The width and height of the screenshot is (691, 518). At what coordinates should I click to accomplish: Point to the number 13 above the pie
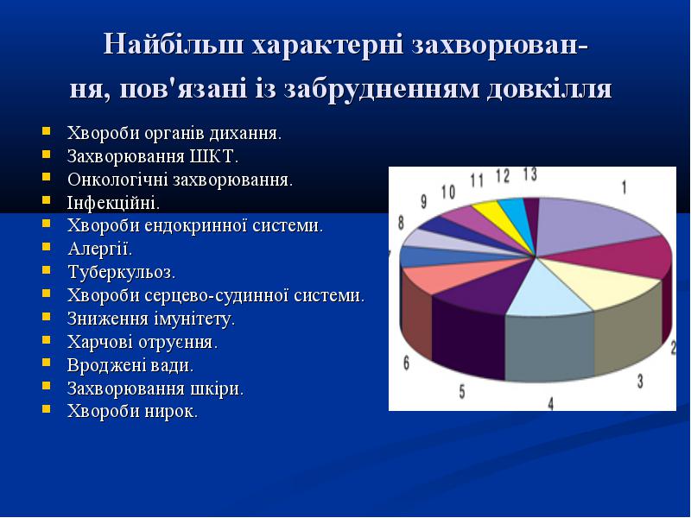click(530, 174)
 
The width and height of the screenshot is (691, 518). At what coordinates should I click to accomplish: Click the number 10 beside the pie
click(448, 192)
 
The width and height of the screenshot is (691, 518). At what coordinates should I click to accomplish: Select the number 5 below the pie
click(462, 391)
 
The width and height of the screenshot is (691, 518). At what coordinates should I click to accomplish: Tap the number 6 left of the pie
click(406, 363)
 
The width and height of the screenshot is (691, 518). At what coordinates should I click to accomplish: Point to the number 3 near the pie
click(640, 381)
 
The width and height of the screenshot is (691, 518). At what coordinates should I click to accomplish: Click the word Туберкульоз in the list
click(122, 272)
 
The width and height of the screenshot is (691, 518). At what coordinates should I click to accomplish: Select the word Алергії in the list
click(100, 249)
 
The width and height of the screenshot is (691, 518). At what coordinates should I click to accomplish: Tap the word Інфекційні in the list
click(113, 203)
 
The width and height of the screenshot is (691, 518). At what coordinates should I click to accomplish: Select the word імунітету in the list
click(194, 319)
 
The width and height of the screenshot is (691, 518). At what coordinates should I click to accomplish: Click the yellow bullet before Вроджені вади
click(47, 363)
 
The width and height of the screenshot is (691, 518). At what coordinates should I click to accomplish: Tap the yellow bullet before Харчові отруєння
click(47, 339)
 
